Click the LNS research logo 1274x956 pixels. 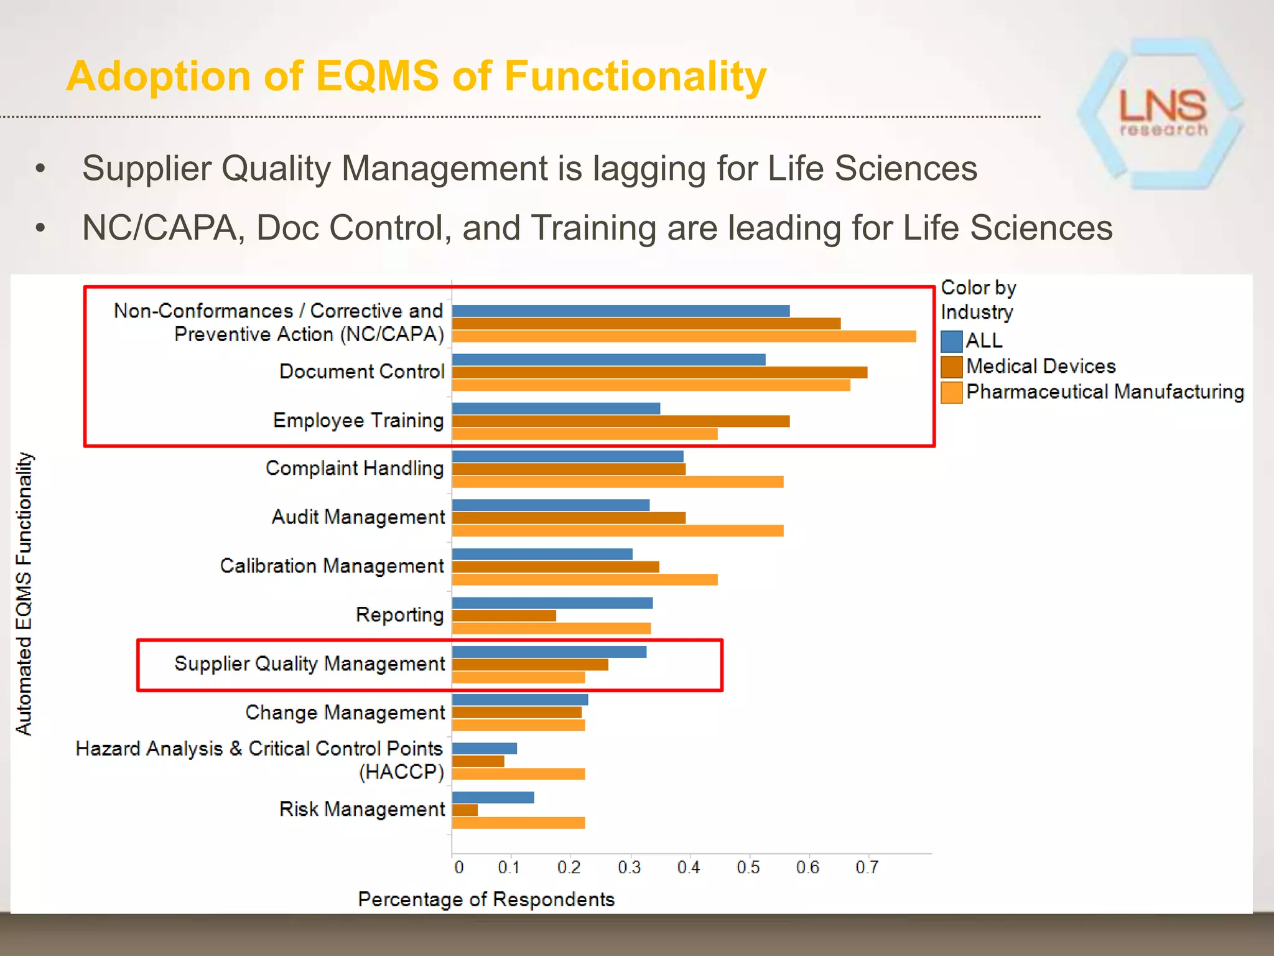tap(1162, 112)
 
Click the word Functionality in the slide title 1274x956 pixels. tap(635, 77)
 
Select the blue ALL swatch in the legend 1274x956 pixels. tap(951, 341)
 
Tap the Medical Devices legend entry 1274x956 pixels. tap(1040, 366)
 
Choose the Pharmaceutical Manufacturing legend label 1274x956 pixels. tap(1105, 391)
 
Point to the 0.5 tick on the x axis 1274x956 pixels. tap(748, 867)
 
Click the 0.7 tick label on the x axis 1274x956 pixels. tap(867, 867)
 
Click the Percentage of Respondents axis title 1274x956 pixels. tap(486, 899)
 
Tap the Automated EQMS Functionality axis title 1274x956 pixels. tap(24, 594)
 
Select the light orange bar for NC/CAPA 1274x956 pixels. tap(684, 337)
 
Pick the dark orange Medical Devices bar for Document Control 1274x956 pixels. tap(659, 372)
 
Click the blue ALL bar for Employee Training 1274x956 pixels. tap(556, 408)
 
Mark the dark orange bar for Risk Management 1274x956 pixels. tap(465, 810)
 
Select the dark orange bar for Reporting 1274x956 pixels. tap(504, 616)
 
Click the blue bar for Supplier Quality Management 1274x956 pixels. tap(549, 652)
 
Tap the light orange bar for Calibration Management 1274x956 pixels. tap(585, 579)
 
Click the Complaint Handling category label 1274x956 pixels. tap(354, 468)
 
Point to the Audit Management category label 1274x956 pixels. tap(358, 517)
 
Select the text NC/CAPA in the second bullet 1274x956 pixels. tap(159, 228)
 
